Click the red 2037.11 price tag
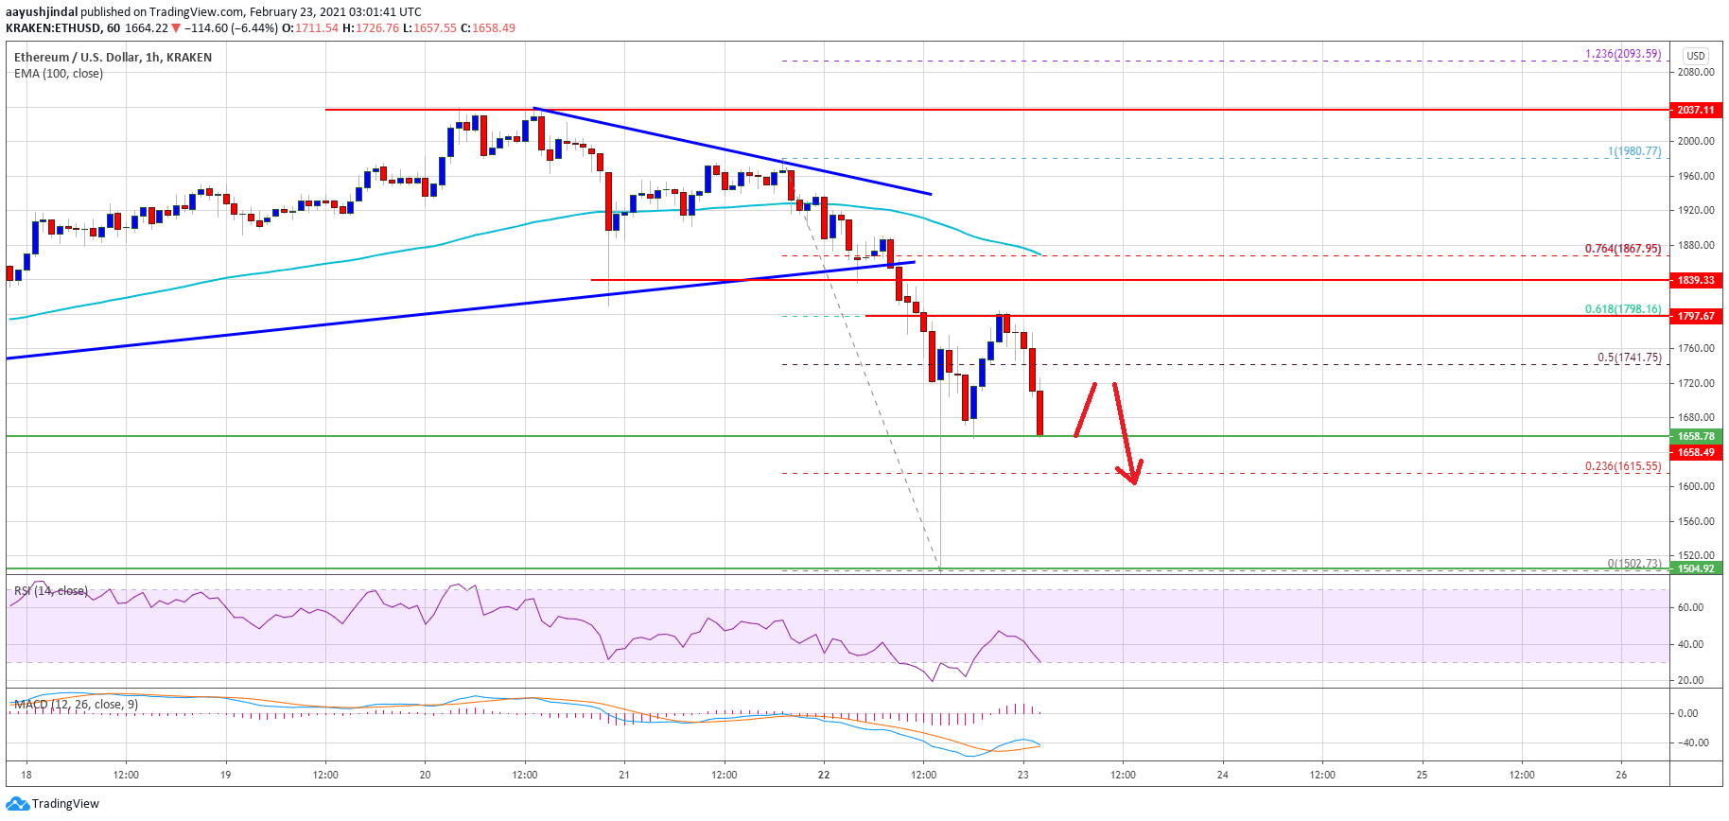click(x=1696, y=110)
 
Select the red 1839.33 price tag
click(x=1696, y=280)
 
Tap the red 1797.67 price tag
click(x=1696, y=316)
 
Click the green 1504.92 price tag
click(x=1696, y=568)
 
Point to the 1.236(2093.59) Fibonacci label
click(x=1622, y=54)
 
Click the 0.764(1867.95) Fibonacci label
click(x=1622, y=249)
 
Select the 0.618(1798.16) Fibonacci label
click(x=1622, y=309)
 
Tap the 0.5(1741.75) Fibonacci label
click(x=1629, y=358)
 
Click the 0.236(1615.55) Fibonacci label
click(x=1622, y=466)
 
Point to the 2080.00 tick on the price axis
click(x=1695, y=72)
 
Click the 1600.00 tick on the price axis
click(x=1695, y=486)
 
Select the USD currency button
click(x=1696, y=56)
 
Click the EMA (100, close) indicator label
click(x=59, y=74)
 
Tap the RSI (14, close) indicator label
click(x=51, y=591)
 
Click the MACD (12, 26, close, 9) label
click(x=76, y=705)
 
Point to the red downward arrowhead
click(x=1132, y=476)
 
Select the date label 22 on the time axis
click(x=824, y=775)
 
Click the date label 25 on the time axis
click(x=1422, y=775)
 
